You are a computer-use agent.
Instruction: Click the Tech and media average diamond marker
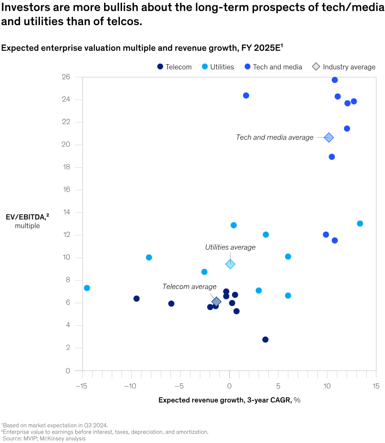329,137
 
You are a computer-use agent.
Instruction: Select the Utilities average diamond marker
230,264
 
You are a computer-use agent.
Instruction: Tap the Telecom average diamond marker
216,302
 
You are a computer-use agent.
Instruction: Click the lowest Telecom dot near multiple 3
265,339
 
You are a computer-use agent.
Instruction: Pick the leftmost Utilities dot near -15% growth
87,288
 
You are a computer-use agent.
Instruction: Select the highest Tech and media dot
335,80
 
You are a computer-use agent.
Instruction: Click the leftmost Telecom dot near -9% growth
136,298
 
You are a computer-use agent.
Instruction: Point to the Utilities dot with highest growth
360,224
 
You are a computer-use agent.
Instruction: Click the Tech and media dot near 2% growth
246,96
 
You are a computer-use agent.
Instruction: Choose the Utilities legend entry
218,67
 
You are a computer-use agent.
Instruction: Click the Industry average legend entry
344,67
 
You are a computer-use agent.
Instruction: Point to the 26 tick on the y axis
66,77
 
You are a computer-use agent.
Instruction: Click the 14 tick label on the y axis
66,212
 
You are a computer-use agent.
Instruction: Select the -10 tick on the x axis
130,386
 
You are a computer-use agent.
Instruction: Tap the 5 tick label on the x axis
278,386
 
